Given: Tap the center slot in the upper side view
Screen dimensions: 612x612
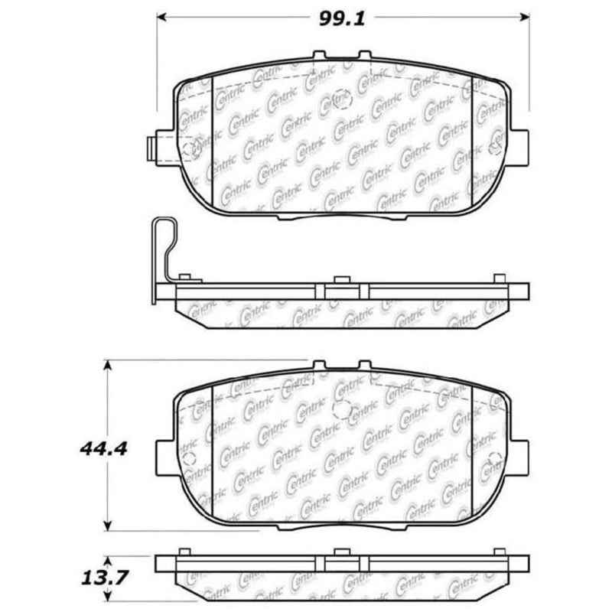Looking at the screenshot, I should [342, 289].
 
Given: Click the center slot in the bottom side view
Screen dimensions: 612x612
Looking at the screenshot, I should [342, 563].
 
